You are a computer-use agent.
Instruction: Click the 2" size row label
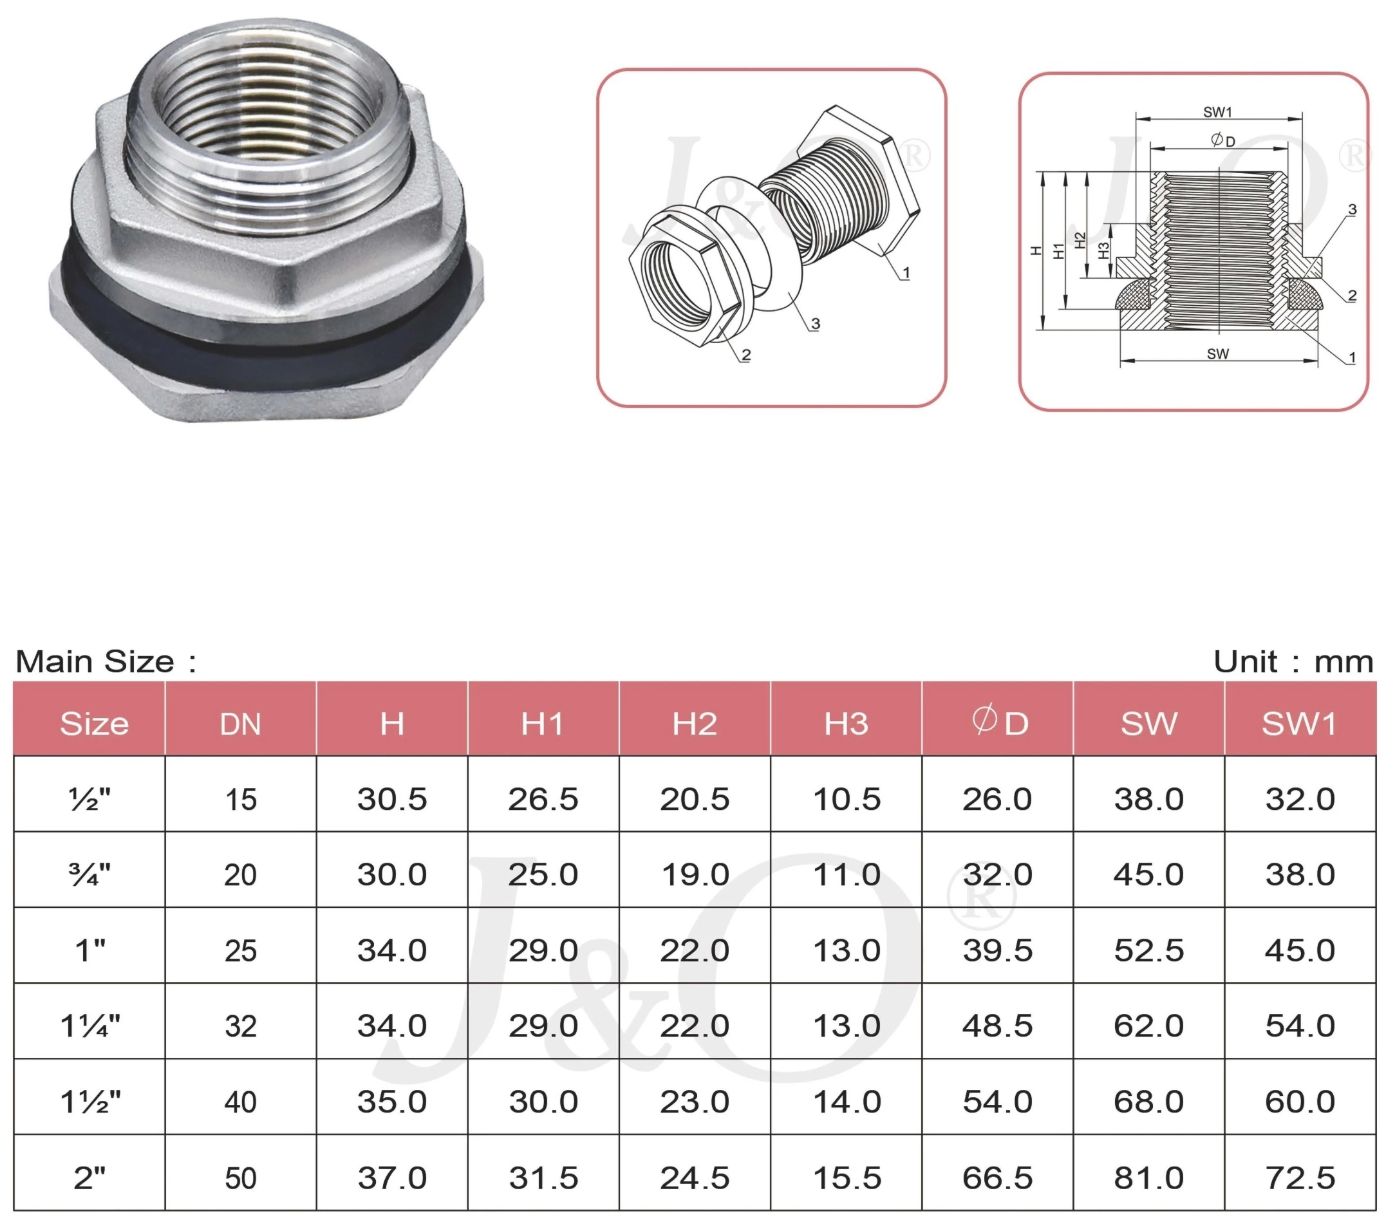pyautogui.click(x=89, y=1178)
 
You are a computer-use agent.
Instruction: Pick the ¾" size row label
pyautogui.click(x=89, y=874)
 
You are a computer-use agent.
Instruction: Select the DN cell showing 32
pyautogui.click(x=240, y=1026)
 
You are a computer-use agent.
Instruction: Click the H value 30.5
pyautogui.click(x=391, y=799)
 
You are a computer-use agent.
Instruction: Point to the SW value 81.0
pyautogui.click(x=1148, y=1178)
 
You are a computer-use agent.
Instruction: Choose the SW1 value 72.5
pyautogui.click(x=1300, y=1178)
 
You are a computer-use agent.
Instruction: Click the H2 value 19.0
pyautogui.click(x=695, y=875)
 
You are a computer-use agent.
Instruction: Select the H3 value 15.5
pyautogui.click(x=846, y=1178)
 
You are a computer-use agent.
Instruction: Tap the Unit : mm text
pyautogui.click(x=1293, y=661)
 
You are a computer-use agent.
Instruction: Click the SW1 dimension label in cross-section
pyautogui.click(x=1218, y=112)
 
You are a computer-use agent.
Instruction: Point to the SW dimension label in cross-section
pyautogui.click(x=1218, y=354)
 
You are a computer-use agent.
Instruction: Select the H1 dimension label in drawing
pyautogui.click(x=1058, y=250)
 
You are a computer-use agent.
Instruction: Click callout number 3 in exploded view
pyautogui.click(x=815, y=324)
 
